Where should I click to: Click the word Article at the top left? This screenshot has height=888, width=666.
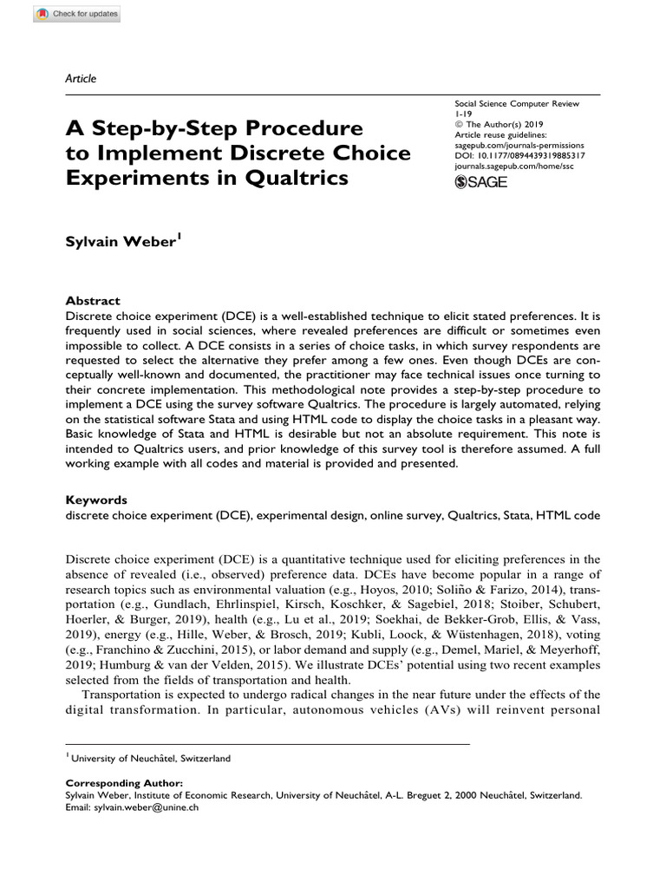81,79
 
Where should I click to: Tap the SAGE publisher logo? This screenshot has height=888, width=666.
480,182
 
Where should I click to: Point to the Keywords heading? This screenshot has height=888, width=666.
96,499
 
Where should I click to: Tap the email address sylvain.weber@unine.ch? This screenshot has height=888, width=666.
146,806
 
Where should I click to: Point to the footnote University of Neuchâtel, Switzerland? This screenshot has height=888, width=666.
151,758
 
